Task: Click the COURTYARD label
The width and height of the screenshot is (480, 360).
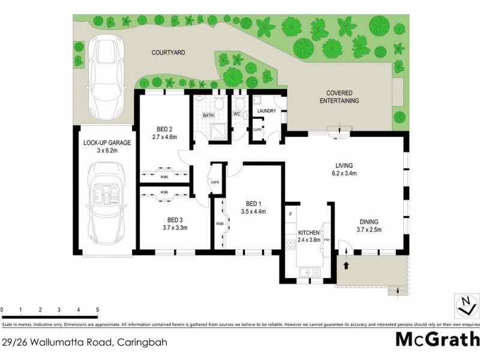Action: coord(167,53)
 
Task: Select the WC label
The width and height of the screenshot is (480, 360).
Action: coord(236,113)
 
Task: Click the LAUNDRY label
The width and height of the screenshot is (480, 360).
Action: coord(266,111)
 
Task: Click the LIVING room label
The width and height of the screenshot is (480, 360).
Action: coord(344,166)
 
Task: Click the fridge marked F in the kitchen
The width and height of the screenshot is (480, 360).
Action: coord(290,214)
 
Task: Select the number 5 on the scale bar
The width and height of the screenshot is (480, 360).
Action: coord(97,310)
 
